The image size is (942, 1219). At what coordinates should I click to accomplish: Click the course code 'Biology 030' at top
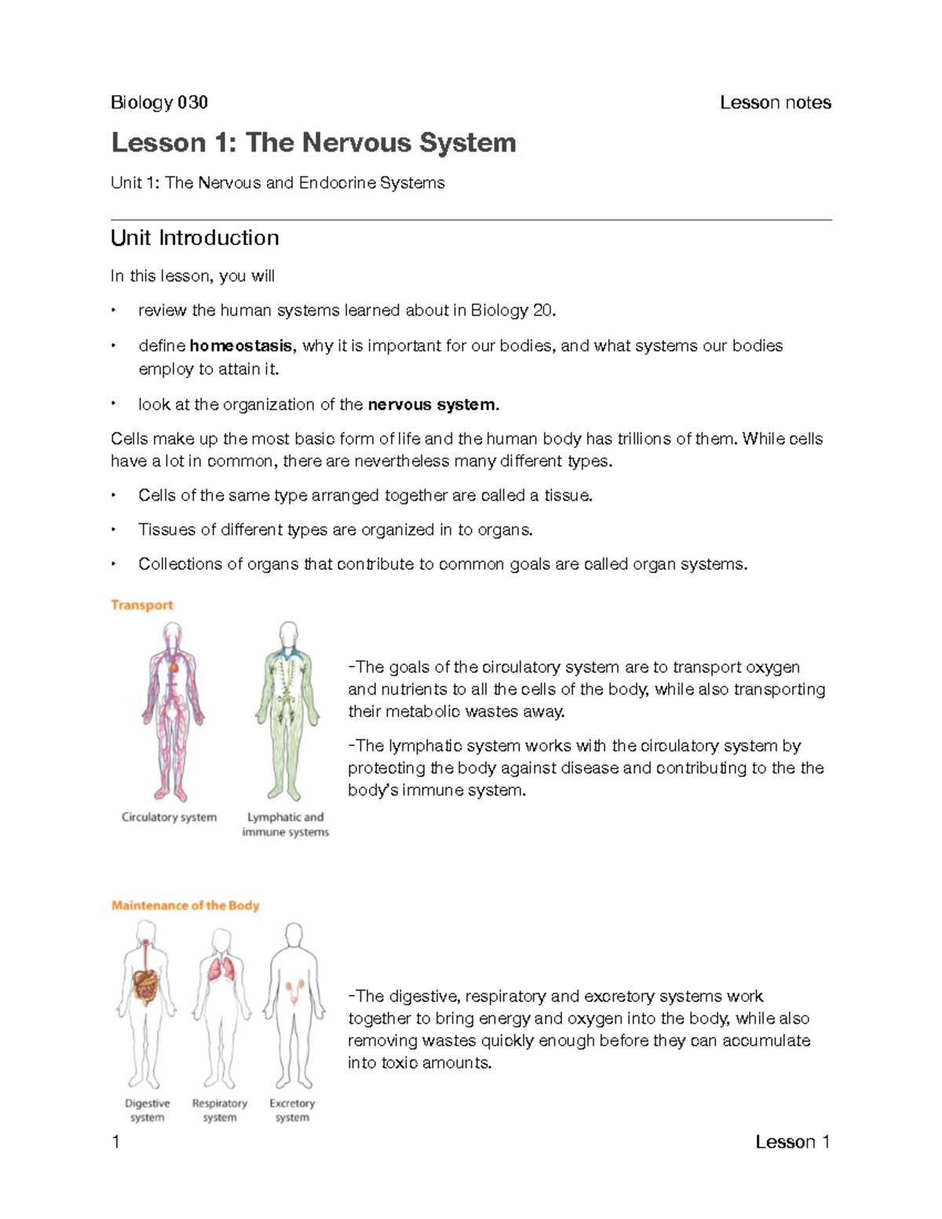[x=159, y=103]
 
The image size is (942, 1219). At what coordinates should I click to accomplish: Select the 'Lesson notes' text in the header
[x=775, y=103]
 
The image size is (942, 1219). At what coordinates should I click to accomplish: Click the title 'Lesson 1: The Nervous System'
[x=313, y=143]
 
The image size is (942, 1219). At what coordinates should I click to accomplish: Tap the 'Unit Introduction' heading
[x=195, y=238]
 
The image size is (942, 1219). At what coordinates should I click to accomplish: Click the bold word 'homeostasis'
[x=240, y=346]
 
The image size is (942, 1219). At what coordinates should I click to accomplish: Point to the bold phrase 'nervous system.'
[x=433, y=405]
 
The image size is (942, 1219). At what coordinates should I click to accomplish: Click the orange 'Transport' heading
[x=141, y=605]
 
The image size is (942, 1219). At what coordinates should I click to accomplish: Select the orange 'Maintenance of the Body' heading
[x=185, y=906]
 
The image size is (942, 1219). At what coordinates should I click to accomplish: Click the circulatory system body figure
[x=173, y=710]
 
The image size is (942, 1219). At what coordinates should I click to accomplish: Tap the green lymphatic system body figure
[x=288, y=710]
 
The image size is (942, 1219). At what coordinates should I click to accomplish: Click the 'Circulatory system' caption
[x=169, y=817]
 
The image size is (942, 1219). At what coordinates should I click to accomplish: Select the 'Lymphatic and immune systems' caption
[x=285, y=824]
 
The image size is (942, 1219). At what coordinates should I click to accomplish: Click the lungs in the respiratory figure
[x=221, y=970]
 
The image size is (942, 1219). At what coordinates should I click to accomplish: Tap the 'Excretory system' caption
[x=292, y=1110]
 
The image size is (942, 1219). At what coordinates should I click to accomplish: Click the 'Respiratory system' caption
[x=220, y=1110]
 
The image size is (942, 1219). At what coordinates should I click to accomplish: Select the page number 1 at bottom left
[x=116, y=1142]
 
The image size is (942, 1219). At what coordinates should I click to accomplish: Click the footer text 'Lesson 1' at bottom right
[x=792, y=1142]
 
